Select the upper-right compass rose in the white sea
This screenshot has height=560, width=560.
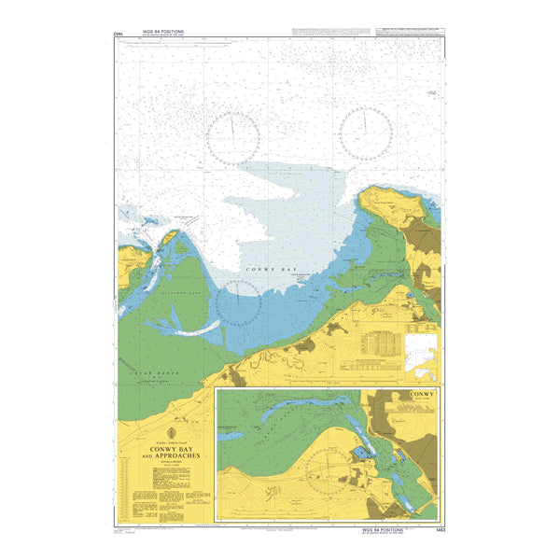click(x=364, y=132)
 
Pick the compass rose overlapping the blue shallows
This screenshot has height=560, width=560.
click(x=239, y=302)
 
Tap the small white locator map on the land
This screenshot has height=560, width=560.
click(x=420, y=352)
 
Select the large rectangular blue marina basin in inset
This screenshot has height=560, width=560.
click(x=359, y=455)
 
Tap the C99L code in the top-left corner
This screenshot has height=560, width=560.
click(x=118, y=35)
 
